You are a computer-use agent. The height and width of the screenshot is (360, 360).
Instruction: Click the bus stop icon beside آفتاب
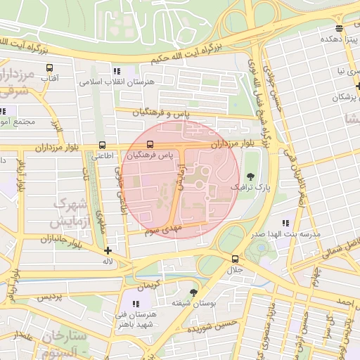(x=49, y=68)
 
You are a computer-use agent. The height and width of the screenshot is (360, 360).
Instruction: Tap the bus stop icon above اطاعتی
(x=103, y=145)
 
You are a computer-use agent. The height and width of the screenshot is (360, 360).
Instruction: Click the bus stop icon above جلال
(x=235, y=259)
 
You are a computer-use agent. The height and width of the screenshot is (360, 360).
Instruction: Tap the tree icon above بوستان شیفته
(x=194, y=292)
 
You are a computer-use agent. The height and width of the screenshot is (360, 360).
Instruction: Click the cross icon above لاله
(x=107, y=250)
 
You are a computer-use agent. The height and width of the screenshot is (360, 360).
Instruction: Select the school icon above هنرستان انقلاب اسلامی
(x=117, y=71)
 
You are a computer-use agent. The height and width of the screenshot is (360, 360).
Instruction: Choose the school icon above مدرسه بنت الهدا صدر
(x=285, y=223)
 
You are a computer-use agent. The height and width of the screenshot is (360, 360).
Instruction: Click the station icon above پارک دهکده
(x=340, y=29)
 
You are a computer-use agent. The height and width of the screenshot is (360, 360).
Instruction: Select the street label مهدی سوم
(x=162, y=230)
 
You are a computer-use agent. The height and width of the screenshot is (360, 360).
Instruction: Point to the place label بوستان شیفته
(x=193, y=304)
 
